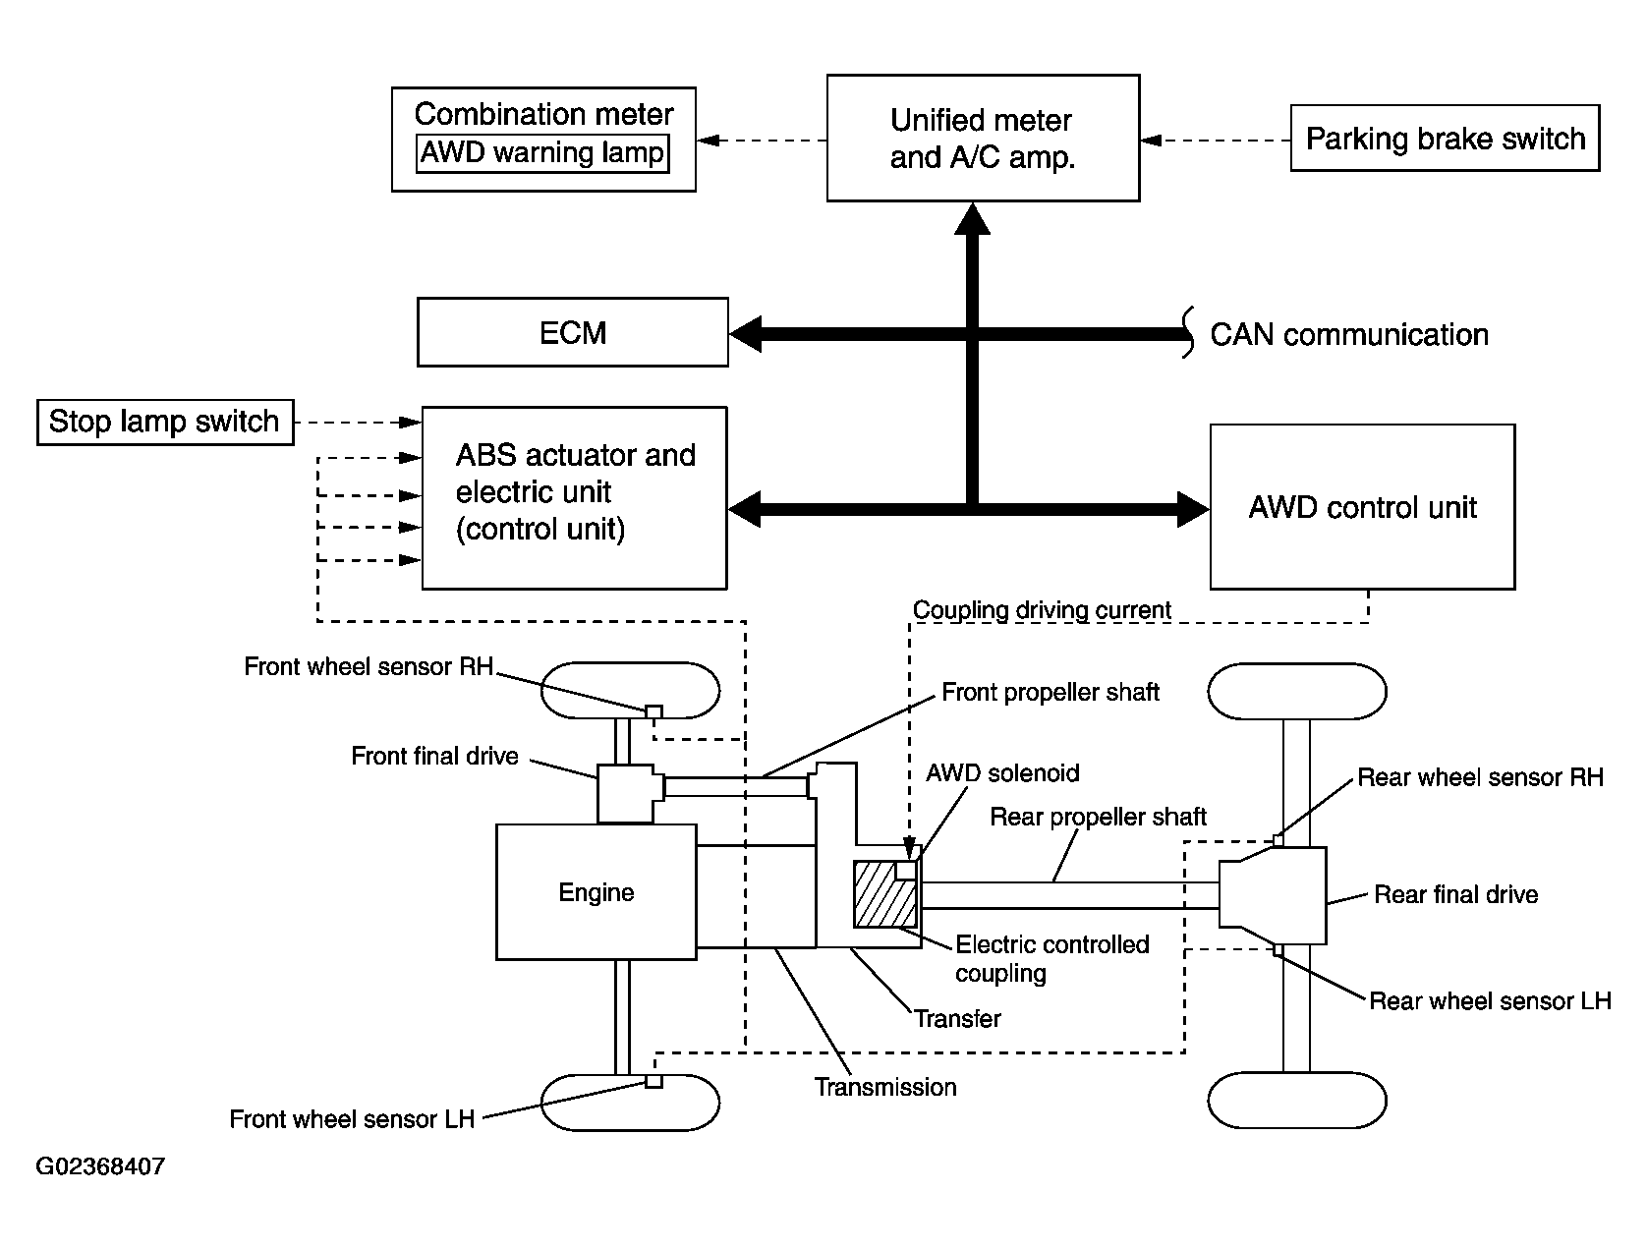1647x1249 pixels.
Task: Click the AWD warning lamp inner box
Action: (x=542, y=154)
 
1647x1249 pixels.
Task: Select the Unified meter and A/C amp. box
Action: (x=983, y=139)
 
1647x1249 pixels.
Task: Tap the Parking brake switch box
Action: (x=1445, y=139)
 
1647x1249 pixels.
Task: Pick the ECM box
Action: (x=573, y=332)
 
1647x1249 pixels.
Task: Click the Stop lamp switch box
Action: (x=165, y=422)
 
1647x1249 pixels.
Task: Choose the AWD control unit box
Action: (x=1362, y=507)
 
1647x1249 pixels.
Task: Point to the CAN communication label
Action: (x=1348, y=335)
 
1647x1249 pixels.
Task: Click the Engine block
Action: (x=596, y=892)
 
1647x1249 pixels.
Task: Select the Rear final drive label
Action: (x=1455, y=895)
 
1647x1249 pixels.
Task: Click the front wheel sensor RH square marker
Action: (x=653, y=711)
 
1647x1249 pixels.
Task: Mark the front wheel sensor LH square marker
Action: (x=653, y=1081)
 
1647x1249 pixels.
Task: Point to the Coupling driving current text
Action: (x=1042, y=610)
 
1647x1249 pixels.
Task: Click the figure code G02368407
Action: (x=100, y=1167)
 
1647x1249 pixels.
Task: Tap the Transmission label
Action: (x=885, y=1087)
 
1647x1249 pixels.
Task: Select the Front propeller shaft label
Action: (x=1051, y=693)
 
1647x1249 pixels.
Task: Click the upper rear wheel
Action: (x=1296, y=692)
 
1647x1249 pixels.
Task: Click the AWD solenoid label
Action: (x=1002, y=773)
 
